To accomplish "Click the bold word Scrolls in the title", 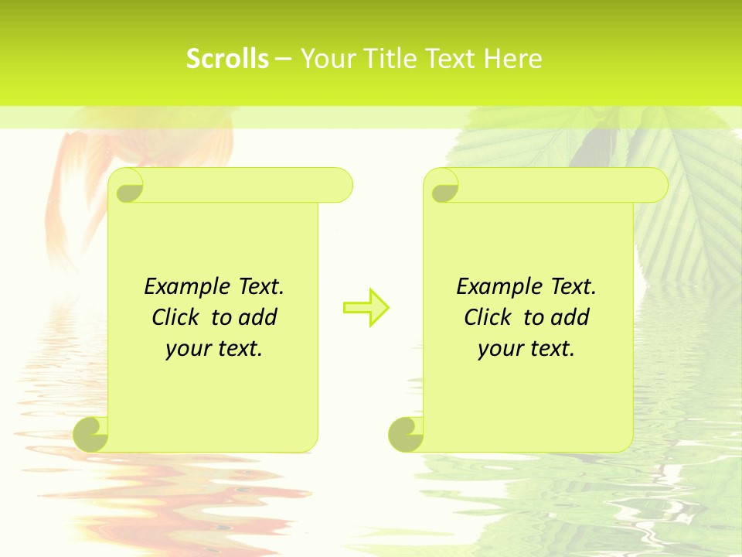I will click(228, 59).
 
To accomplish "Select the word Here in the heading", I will click(512, 59).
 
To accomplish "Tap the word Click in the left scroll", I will click(169, 318).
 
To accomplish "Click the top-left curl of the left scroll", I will click(127, 186).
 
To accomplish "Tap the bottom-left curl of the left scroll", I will click(91, 435).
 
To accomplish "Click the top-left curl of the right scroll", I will click(443, 186).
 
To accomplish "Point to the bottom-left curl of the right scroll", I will click(405, 435).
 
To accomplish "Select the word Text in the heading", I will click(449, 59).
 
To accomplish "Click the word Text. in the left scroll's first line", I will click(260, 287).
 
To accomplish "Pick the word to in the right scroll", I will click(533, 318).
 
